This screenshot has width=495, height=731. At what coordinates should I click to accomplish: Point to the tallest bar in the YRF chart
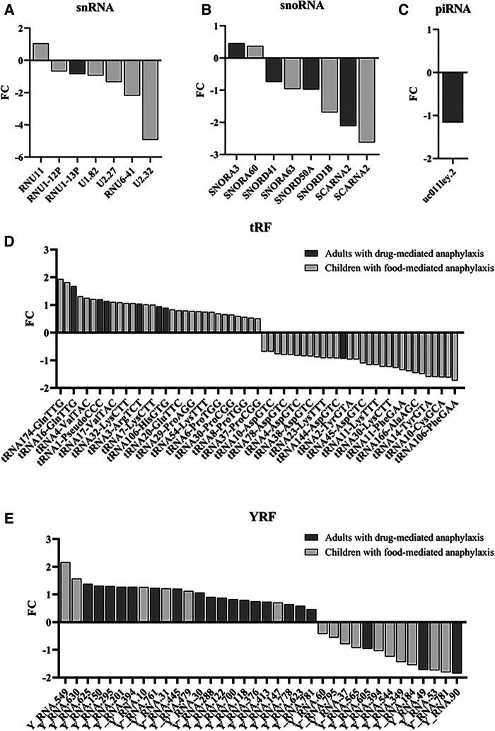point(65,582)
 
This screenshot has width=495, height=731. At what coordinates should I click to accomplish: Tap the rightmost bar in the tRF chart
point(455,356)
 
